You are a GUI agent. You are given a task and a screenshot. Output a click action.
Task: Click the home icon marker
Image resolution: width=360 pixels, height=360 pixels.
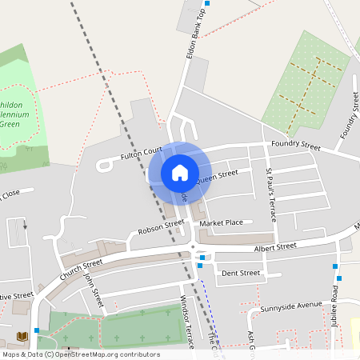179,173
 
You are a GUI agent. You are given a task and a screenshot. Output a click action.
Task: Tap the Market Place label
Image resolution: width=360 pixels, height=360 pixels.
221,222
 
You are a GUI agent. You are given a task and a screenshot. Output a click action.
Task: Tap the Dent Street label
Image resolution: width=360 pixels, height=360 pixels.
241,274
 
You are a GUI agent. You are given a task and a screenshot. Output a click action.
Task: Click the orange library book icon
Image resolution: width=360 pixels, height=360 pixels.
22,337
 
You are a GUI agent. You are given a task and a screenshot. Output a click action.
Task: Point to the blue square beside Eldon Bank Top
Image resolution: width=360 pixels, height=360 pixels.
200,14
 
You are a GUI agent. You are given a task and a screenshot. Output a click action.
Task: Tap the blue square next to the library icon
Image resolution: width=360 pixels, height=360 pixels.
37,330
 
